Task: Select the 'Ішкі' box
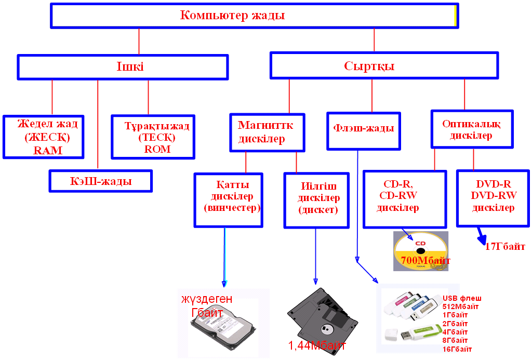123,67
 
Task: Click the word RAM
48,151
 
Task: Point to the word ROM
157,149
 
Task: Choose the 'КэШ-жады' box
100,181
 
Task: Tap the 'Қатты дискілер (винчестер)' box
228,199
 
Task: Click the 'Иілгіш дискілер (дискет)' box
315,200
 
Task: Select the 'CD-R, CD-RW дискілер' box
404,199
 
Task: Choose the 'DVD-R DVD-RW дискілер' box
492,198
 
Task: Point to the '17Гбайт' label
504,247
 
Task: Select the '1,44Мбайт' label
317,345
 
